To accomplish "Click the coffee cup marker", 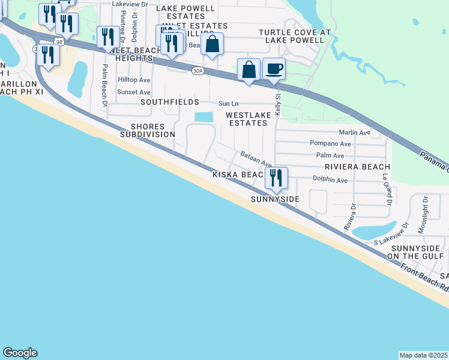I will click(274, 69).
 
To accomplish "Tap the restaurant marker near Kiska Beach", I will click(276, 178).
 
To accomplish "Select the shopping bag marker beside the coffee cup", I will click(249, 70).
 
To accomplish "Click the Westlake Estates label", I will click(246, 118).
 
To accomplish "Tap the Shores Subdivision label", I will click(147, 130).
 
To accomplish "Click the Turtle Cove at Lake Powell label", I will click(291, 36).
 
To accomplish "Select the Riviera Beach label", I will click(357, 167).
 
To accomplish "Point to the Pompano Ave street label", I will click(330, 143).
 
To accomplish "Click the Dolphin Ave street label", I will click(330, 179).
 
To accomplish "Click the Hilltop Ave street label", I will click(134, 80).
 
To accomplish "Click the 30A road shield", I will click(197, 71).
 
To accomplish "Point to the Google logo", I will click(20, 353).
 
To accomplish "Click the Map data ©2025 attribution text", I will click(424, 355).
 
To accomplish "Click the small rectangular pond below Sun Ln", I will click(204, 116).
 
